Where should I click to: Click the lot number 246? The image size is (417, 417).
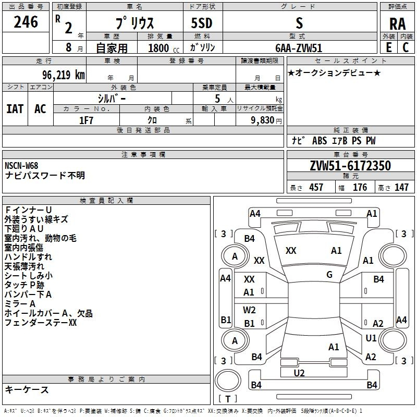(26, 22)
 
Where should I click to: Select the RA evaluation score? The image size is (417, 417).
(397, 24)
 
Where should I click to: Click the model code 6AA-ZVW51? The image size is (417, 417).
(299, 47)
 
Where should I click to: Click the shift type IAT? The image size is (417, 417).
(15, 108)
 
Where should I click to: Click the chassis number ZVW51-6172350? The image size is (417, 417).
(350, 166)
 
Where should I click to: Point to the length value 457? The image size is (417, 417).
(316, 187)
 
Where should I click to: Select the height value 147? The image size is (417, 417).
(401, 187)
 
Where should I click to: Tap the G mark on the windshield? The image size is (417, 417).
(329, 275)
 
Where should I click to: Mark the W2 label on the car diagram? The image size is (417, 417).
(250, 310)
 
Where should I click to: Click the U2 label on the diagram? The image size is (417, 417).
(299, 372)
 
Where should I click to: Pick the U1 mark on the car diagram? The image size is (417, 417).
(371, 338)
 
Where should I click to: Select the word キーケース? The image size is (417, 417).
(27, 389)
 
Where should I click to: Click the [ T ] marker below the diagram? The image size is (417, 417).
(228, 399)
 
